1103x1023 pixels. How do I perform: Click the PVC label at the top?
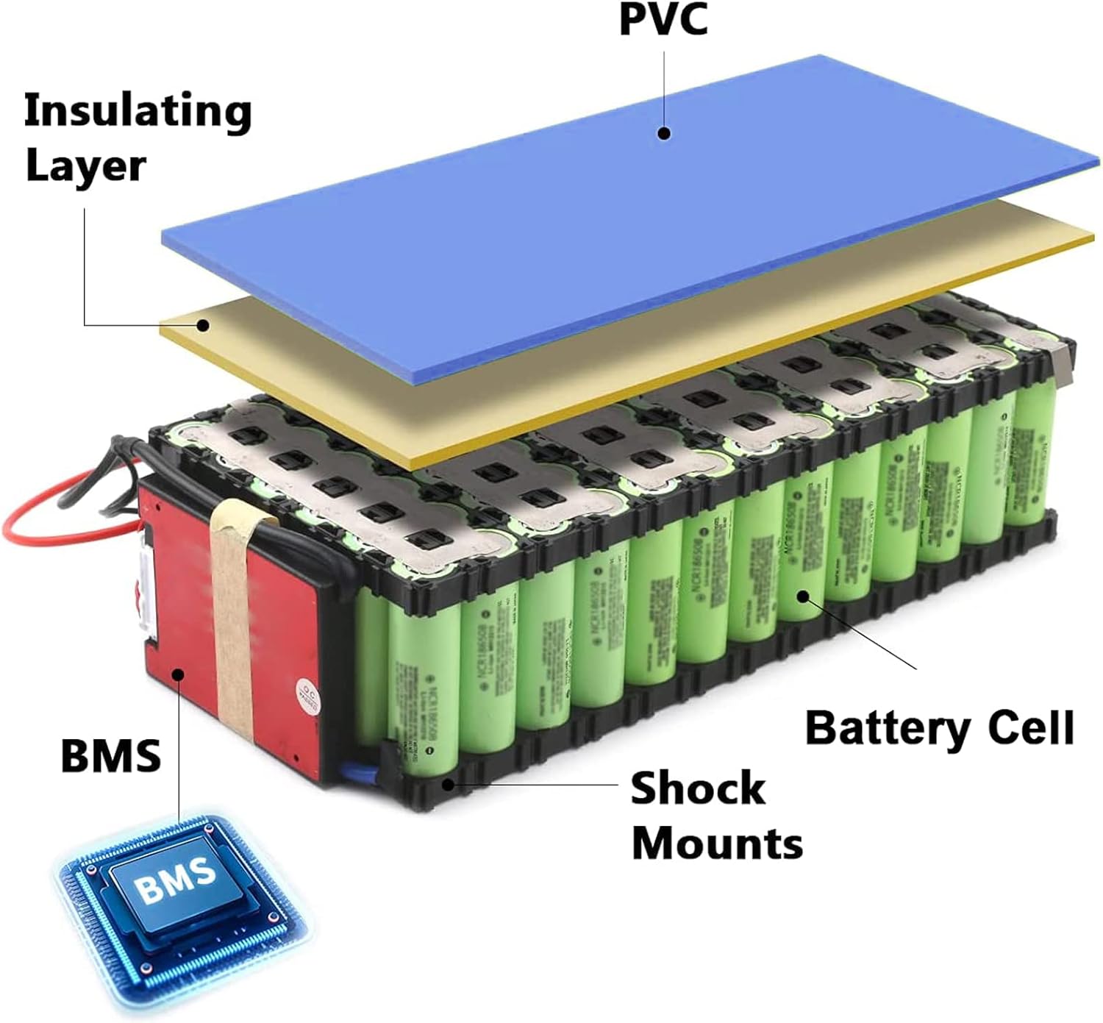[x=663, y=19]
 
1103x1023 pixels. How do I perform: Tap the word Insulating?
[x=138, y=112]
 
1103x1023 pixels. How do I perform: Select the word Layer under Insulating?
[x=85, y=166]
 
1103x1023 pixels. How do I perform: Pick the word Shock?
[x=698, y=788]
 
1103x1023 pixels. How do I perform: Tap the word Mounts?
[x=717, y=843]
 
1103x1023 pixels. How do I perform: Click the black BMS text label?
[x=110, y=755]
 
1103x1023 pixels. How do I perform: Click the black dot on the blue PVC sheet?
[x=664, y=134]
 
